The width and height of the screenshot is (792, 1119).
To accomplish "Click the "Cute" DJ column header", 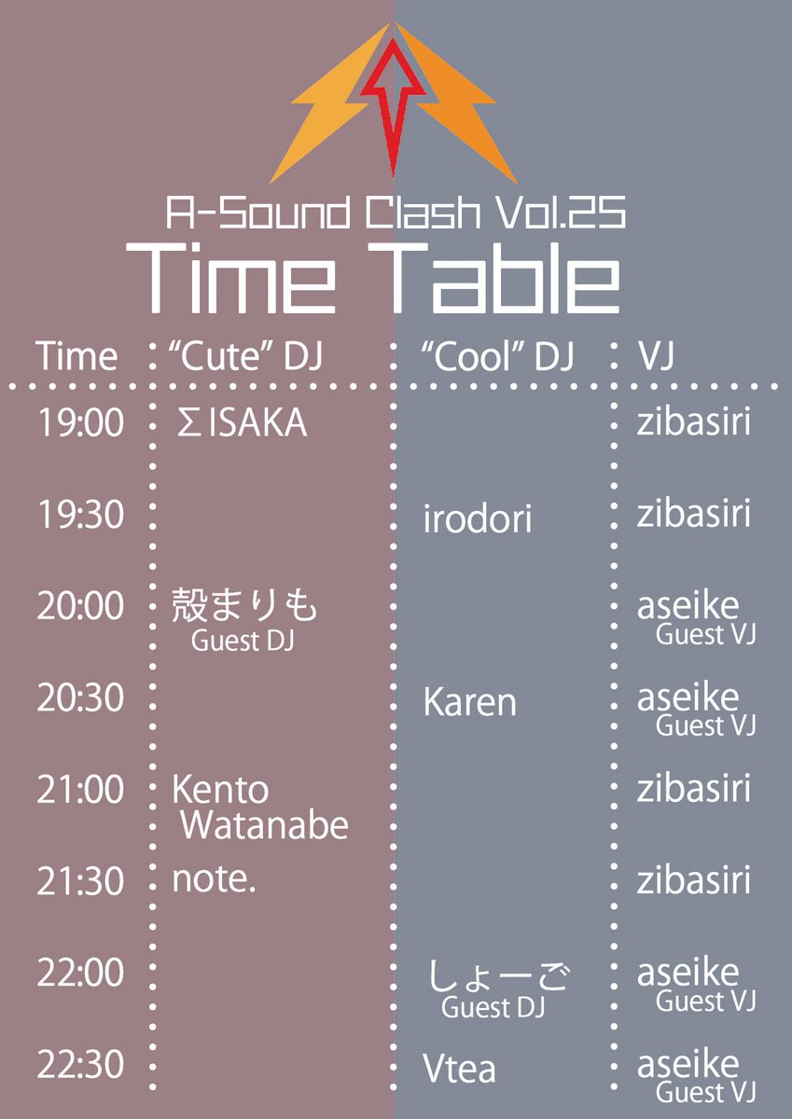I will (x=245, y=356).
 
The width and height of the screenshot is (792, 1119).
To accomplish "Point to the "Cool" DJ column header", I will (x=498, y=356).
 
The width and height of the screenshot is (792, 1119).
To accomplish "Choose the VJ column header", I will (x=656, y=356).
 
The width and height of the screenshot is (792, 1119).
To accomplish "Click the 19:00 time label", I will (x=80, y=423).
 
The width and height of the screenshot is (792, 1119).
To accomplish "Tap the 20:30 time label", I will (x=80, y=698).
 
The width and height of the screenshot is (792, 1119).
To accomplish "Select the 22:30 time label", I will (x=80, y=1063).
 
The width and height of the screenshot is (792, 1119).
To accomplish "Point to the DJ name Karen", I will (x=469, y=702).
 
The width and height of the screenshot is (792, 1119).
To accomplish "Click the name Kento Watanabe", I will (x=259, y=808).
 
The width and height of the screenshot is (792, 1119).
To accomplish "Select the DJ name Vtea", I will (x=460, y=1069).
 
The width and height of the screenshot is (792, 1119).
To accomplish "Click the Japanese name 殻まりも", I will (x=244, y=607).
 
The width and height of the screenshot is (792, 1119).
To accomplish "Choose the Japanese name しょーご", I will (x=499, y=977).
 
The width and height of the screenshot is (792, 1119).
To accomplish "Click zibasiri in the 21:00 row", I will (x=694, y=790).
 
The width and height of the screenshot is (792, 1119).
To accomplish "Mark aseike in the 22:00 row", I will (x=688, y=973).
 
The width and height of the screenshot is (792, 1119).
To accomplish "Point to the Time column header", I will (x=77, y=356).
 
